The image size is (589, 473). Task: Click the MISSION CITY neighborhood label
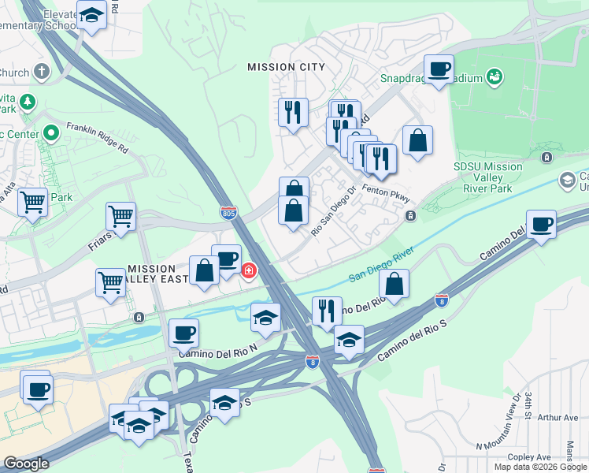pyautogui.click(x=286, y=67)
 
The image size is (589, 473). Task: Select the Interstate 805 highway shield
pyautogui.click(x=228, y=212)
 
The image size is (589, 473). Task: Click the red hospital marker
pyautogui.click(x=249, y=271)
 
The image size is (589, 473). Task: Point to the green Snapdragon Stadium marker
pyautogui.click(x=496, y=77)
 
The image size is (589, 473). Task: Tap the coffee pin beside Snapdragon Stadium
pyautogui.click(x=439, y=69)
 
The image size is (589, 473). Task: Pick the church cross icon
pyautogui.click(x=41, y=72)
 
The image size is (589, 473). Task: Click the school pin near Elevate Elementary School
pyautogui.click(x=92, y=15)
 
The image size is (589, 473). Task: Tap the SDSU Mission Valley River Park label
pyautogui.click(x=488, y=177)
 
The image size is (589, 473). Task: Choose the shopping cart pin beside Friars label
pyautogui.click(x=121, y=215)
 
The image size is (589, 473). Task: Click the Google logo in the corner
pyautogui.click(x=26, y=464)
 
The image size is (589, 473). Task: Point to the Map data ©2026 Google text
pyautogui.click(x=541, y=467)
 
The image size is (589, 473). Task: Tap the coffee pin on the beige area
pyautogui.click(x=36, y=388)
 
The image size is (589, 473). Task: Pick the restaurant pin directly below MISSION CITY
pyautogui.click(x=292, y=111)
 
